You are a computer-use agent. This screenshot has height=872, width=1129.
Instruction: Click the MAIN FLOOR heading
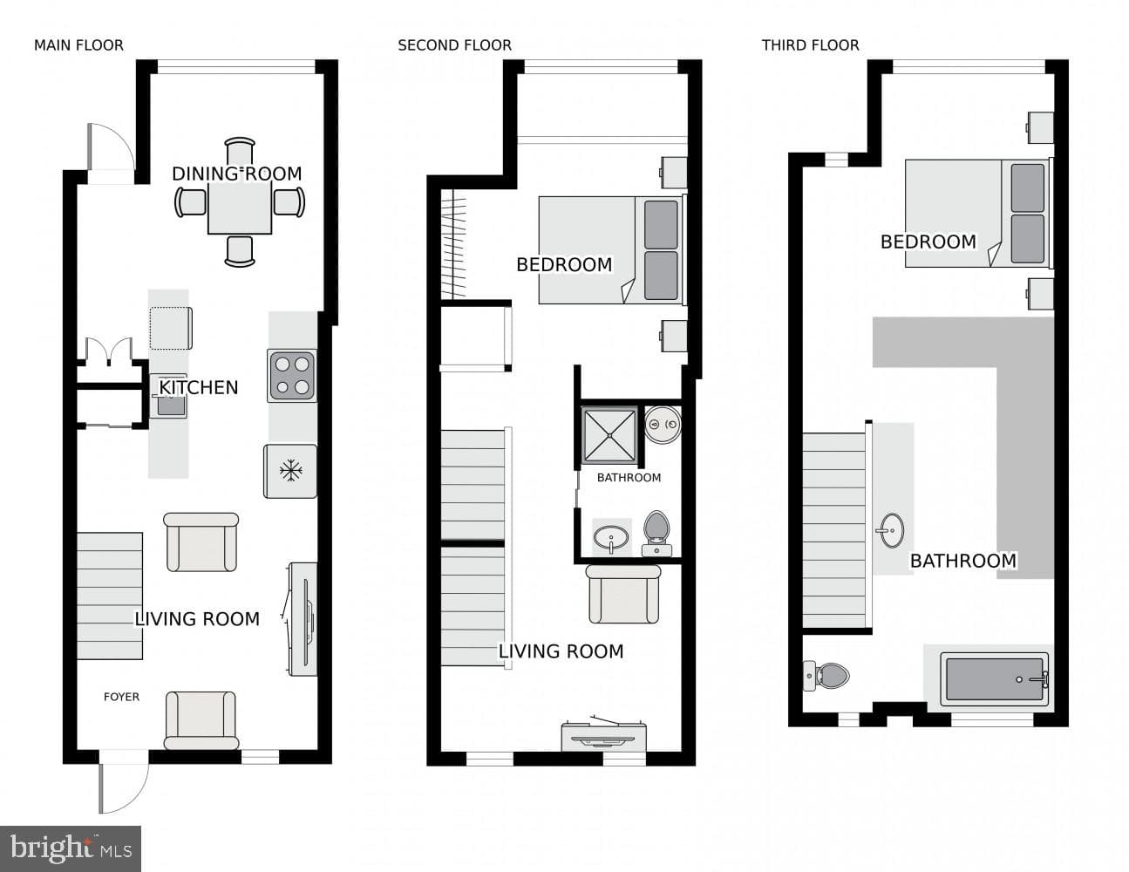tap(79, 45)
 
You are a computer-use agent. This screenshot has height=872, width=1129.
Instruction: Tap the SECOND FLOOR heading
tap(454, 45)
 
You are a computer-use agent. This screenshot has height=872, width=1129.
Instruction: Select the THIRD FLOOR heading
tap(811, 45)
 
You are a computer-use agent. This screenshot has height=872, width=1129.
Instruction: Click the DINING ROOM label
tap(237, 174)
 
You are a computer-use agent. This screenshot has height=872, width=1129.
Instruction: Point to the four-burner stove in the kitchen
tap(292, 376)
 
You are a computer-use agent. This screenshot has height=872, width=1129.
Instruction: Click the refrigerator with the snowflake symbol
tap(290, 472)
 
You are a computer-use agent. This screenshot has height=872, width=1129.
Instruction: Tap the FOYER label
tap(121, 697)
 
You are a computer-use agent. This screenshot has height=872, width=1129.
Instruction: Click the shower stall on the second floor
tap(609, 435)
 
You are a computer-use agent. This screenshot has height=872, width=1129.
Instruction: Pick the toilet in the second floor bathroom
tap(656, 534)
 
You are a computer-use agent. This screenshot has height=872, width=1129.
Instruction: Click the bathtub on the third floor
tap(995, 679)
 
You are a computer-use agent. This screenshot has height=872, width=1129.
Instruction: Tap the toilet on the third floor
tap(826, 676)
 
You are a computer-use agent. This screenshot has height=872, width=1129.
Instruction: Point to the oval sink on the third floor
tap(892, 530)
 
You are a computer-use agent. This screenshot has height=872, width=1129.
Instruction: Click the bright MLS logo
tap(71, 848)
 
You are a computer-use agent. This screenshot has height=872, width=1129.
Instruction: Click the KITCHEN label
tap(199, 388)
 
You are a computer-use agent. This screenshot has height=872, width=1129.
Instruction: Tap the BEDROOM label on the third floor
tap(928, 242)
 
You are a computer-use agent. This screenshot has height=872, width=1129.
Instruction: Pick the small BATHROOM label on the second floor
tap(629, 478)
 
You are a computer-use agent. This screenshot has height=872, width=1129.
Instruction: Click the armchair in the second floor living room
tap(623, 594)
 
